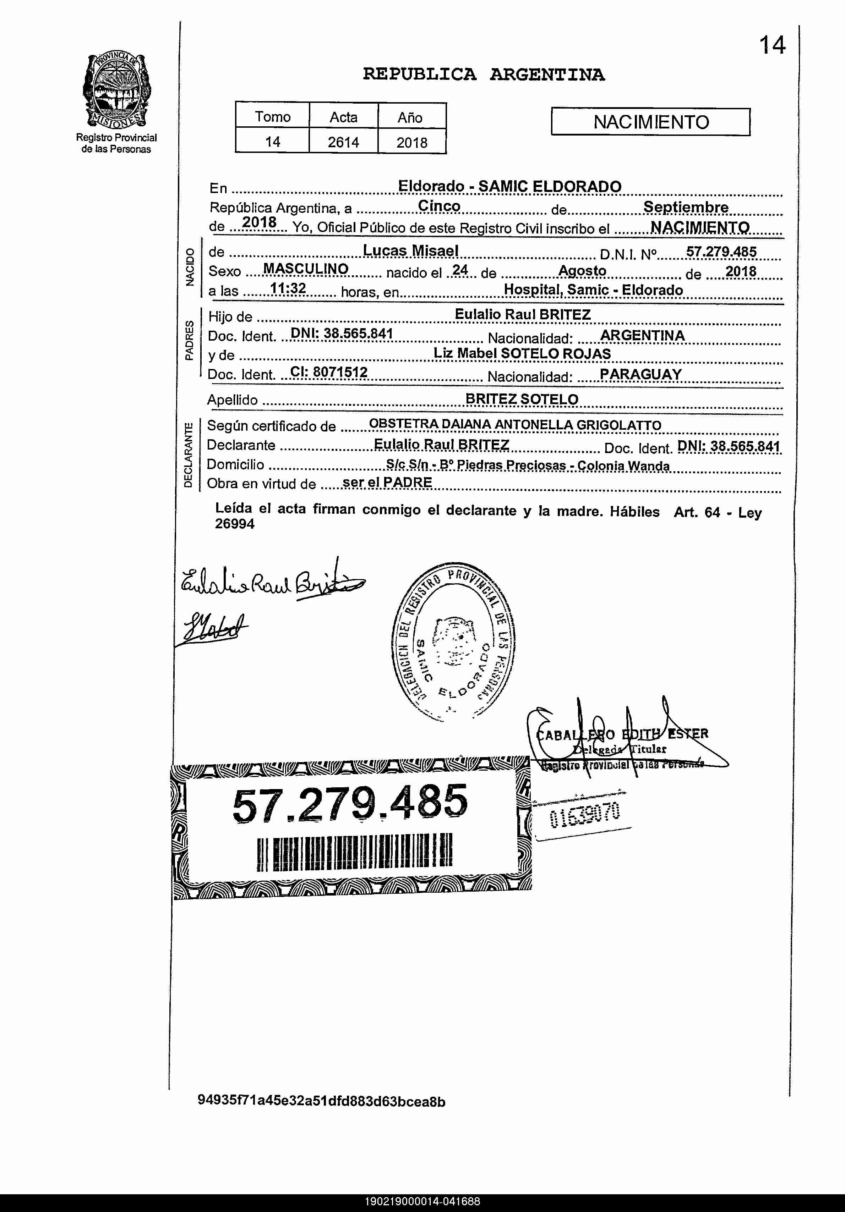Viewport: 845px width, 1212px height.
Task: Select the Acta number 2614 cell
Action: [343, 142]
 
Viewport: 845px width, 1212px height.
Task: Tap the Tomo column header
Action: [273, 117]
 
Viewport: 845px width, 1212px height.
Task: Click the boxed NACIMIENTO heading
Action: [651, 122]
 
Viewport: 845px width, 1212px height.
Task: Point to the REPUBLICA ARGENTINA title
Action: [483, 75]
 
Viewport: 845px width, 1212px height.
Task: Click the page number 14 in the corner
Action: [772, 45]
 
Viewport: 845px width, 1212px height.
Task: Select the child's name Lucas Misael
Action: [410, 251]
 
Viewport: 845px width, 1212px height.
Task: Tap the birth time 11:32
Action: [288, 288]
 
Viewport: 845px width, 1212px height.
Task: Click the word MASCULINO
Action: [306, 269]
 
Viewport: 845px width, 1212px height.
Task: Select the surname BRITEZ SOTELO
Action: [522, 399]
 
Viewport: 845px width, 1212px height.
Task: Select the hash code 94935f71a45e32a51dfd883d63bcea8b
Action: [321, 1102]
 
